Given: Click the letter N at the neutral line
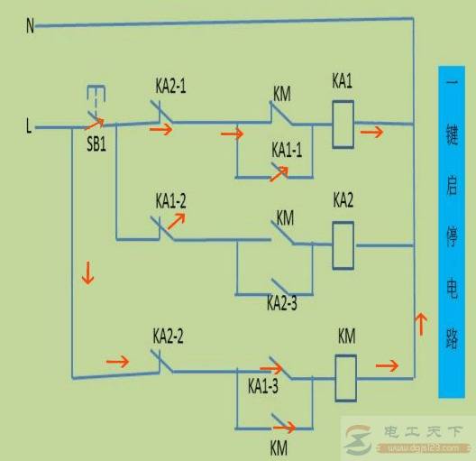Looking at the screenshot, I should [x=30, y=26].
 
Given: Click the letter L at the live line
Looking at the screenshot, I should [x=29, y=128].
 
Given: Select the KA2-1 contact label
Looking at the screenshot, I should [x=170, y=88].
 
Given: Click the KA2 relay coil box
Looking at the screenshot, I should [x=343, y=244].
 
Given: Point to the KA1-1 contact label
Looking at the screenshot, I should [x=287, y=150].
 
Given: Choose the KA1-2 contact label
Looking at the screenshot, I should [x=170, y=200].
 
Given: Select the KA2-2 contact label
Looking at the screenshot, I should [x=169, y=337].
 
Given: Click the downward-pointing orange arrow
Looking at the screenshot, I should [x=87, y=273].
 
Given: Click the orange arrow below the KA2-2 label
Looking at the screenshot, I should [x=118, y=362].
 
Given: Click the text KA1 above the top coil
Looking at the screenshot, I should [x=342, y=82].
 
